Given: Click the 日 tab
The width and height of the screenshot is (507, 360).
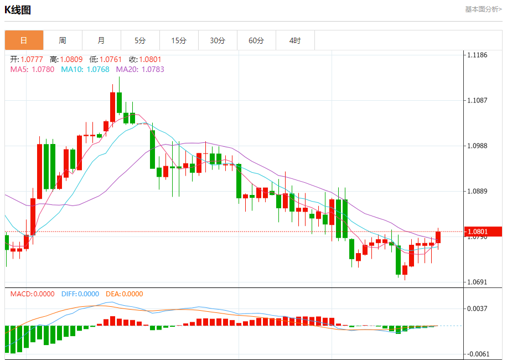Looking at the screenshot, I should point(24,40).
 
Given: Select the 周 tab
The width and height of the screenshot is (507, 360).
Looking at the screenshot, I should point(63,40).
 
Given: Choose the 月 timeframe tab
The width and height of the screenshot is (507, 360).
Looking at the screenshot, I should point(101,40).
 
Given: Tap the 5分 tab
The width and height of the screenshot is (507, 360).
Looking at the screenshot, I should point(140,40).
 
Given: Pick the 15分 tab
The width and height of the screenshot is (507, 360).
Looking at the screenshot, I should point(179,40).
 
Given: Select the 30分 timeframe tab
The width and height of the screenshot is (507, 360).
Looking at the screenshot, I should point(218,40).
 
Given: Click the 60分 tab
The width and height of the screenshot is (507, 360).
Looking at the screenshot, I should point(256,40).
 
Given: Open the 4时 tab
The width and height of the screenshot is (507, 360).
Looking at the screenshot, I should point(295,40).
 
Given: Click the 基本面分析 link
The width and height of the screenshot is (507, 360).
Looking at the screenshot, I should point(483,9).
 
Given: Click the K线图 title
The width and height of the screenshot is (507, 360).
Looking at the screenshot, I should point(18,10).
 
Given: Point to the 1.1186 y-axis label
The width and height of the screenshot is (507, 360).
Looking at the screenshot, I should point(477,55).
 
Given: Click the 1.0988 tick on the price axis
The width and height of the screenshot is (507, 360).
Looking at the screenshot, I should point(477,146).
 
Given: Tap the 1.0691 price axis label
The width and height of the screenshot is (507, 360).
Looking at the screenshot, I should point(477,282).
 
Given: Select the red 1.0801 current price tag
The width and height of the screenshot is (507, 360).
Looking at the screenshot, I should point(483,232).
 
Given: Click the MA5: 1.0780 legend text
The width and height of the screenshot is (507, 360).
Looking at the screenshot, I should point(32,69).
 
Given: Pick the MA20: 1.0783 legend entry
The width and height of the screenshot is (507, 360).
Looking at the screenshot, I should point(140,69).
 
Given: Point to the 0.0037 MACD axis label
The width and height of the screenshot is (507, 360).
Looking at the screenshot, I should point(477,308).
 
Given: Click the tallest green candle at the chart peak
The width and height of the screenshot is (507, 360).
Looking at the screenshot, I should point(119,103).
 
